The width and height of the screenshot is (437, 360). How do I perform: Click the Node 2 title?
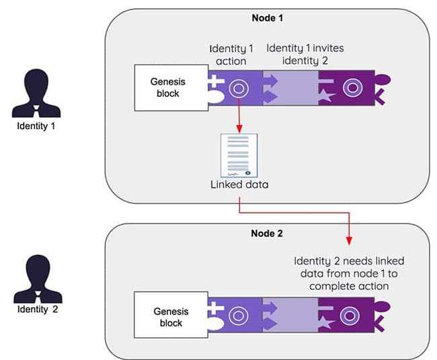tap(268, 234)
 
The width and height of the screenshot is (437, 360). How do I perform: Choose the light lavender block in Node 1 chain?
tap(291, 87)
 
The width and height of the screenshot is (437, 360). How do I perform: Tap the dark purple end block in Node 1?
tap(350, 87)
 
